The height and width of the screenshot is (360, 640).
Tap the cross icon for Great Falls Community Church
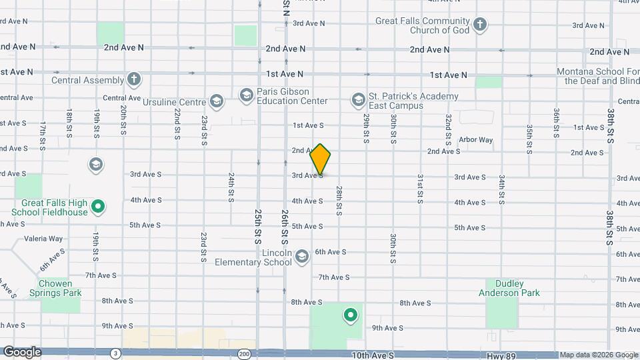pyautogui.click(x=479, y=26)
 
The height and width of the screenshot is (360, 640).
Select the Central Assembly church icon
pyautogui.click(x=134, y=80)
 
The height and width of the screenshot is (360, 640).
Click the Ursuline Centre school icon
pyautogui.click(x=216, y=101)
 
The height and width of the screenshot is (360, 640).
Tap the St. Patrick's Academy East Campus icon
pyautogui.click(x=358, y=100)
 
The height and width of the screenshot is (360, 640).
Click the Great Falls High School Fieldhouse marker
pyautogui.click(x=98, y=207)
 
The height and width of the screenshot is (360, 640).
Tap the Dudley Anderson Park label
pyautogui.click(x=509, y=288)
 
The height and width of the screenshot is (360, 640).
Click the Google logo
pyautogui.click(x=21, y=351)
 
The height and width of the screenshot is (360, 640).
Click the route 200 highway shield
pyautogui.click(x=245, y=353)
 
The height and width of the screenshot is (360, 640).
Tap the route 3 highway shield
pyautogui.click(x=116, y=353)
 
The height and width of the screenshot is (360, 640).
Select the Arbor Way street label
pyautogui.click(x=476, y=140)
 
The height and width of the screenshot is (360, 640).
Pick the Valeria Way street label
pyautogui.click(x=43, y=239)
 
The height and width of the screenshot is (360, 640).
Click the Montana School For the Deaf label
pyautogui.click(x=598, y=76)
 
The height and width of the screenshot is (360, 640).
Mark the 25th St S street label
pyautogui.click(x=257, y=227)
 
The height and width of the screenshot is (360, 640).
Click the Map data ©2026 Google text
pyautogui.click(x=598, y=355)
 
